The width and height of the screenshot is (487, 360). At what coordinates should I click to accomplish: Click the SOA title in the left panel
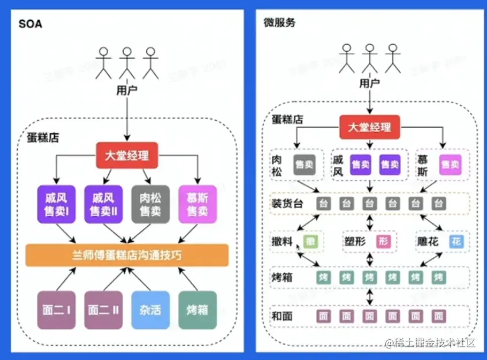coord(30,25)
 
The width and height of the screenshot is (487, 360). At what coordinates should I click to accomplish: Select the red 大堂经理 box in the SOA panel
coord(126,155)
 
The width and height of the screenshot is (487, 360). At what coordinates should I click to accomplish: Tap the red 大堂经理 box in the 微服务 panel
coord(369,127)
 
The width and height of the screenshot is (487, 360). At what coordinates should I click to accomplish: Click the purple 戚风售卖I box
coord(56,204)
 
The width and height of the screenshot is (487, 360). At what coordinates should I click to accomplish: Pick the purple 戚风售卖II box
coord(103,204)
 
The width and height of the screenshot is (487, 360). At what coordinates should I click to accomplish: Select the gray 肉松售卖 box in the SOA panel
coord(150,204)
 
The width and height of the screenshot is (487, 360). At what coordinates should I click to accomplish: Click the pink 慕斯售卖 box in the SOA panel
coord(197,204)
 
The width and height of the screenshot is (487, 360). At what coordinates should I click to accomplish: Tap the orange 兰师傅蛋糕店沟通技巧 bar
coord(127,255)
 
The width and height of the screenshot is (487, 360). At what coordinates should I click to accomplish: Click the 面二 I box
coord(56,310)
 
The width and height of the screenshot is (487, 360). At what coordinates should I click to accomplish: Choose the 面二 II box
coord(103,310)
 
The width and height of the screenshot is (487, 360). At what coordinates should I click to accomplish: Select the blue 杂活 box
coord(150,310)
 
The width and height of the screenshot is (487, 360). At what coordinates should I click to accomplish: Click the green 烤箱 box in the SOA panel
coord(197,310)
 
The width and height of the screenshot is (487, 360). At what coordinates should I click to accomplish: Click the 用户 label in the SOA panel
coord(126,91)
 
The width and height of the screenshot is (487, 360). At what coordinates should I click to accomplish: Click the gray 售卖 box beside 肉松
coord(304,164)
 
